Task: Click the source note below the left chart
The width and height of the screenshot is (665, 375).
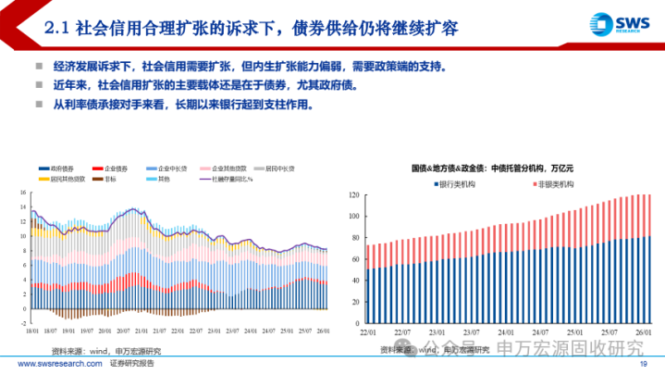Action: pyautogui.click(x=105, y=350)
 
